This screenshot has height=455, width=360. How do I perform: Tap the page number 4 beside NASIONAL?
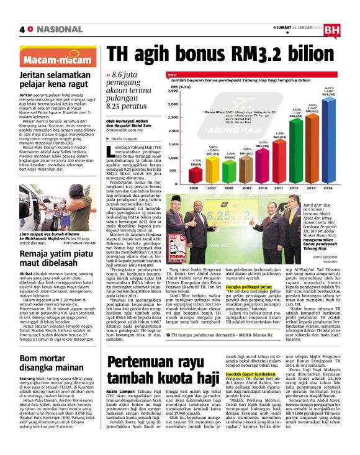23,30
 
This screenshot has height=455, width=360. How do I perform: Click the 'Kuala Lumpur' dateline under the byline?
125,140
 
